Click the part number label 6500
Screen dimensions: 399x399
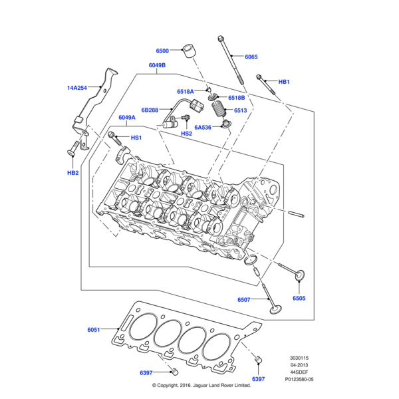162,51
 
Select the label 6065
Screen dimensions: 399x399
251,57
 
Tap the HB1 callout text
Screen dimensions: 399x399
284,82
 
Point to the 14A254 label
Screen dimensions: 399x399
77,87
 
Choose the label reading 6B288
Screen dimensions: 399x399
150,110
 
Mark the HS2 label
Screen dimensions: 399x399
187,133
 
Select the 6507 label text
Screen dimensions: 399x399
245,300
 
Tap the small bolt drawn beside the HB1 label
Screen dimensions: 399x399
262,80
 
